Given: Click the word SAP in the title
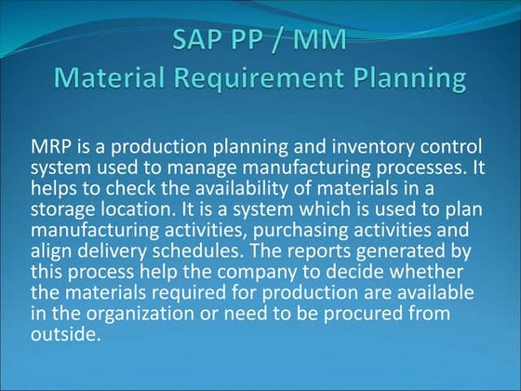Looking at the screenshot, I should [200, 41].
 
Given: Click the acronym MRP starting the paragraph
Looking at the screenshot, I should [50, 148].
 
